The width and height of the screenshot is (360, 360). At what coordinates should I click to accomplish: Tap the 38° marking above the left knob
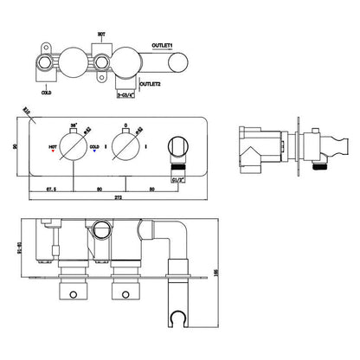[x=73, y=124]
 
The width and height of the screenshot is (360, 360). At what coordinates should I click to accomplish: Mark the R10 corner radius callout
[x=26, y=112]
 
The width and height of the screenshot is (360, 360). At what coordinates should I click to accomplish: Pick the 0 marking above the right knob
[x=125, y=124]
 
